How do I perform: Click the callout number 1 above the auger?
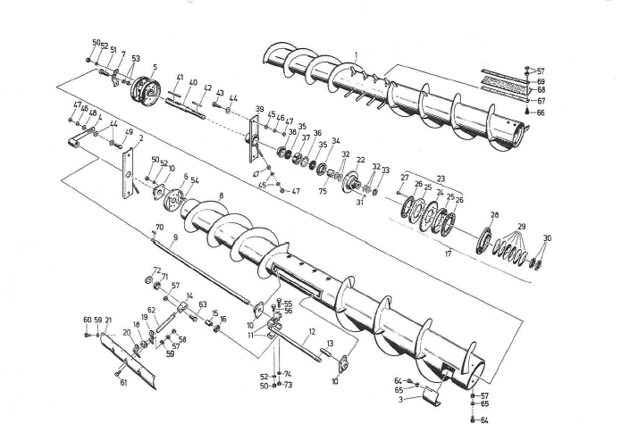(x=357, y=55)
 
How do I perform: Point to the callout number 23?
(x=440, y=179)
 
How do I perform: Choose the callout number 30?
(x=548, y=239)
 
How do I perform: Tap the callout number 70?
(x=160, y=228)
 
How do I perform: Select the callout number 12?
(x=312, y=331)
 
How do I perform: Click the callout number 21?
(x=108, y=320)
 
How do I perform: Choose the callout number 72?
(x=156, y=270)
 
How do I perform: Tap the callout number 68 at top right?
(x=541, y=90)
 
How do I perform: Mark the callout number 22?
(x=361, y=160)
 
